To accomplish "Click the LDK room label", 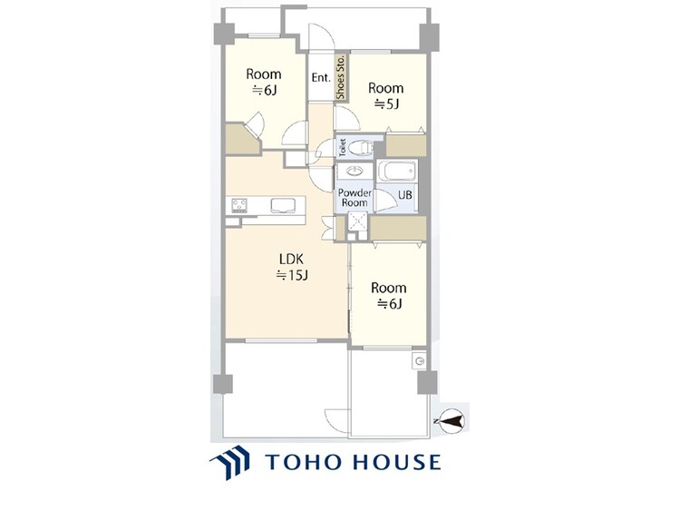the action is pos(291,260).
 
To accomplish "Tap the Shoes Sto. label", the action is pos(341,77).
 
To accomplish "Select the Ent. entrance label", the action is pos(321,78).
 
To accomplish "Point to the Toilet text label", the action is pos(343,148).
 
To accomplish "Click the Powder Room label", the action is pos(355,198).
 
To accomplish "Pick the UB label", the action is pos(405,195).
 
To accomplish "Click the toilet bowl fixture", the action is pos(361,148).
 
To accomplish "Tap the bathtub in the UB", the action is pos(397,172).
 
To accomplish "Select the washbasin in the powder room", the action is pos(355,171).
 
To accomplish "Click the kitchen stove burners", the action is pos(239,205).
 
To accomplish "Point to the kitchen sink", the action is pos(283,205).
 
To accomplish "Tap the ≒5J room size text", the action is pos(386,104).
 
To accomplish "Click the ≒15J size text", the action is pos(292,275).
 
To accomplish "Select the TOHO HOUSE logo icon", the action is pos(229,462).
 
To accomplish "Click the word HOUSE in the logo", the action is pos(396,461).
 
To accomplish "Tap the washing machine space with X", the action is pos(357,221).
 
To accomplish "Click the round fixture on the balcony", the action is pos(420,361).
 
